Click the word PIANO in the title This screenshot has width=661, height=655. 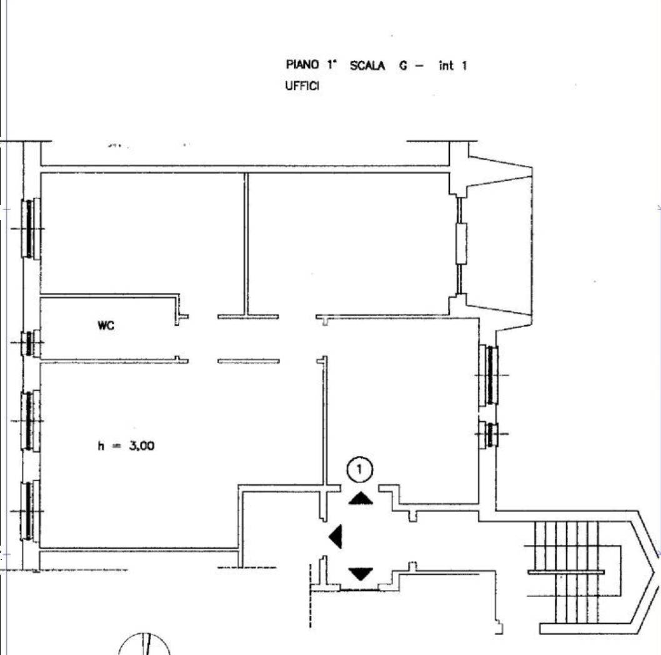tap(302, 64)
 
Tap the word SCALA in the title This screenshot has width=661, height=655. tap(367, 66)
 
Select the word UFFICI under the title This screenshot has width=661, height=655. tap(302, 86)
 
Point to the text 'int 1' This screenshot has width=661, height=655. tap(453, 66)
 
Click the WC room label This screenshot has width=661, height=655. tap(106, 325)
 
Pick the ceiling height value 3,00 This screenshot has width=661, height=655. tap(142, 446)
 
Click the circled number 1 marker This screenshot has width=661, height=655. tap(360, 469)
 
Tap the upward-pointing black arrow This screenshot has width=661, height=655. tap(361, 498)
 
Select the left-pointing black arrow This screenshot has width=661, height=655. tap(335, 536)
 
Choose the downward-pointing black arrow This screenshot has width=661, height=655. tap(361, 574)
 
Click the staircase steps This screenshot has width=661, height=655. tap(567, 572)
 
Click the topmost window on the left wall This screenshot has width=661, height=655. tap(31, 228)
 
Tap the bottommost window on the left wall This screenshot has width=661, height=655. tap(31, 511)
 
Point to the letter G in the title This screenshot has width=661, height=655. tap(404, 66)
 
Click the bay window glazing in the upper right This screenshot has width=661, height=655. tap(461, 244)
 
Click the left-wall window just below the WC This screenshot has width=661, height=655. tap(31, 421)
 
